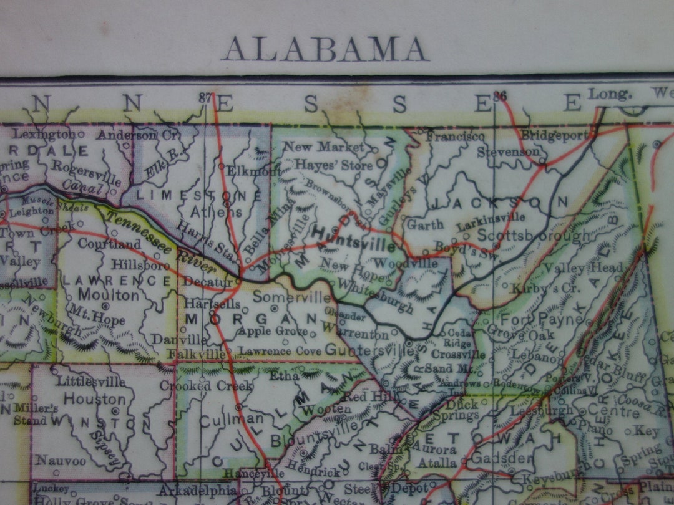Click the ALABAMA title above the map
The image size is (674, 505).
[x=325, y=49]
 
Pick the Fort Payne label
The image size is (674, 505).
[x=540, y=321]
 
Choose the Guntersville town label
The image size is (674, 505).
[x=369, y=350]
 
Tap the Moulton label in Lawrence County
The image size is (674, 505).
[x=100, y=294]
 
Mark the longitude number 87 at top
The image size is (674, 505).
[x=205, y=97]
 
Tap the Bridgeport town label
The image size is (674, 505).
[x=554, y=134]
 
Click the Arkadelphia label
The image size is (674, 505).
[x=192, y=490]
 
